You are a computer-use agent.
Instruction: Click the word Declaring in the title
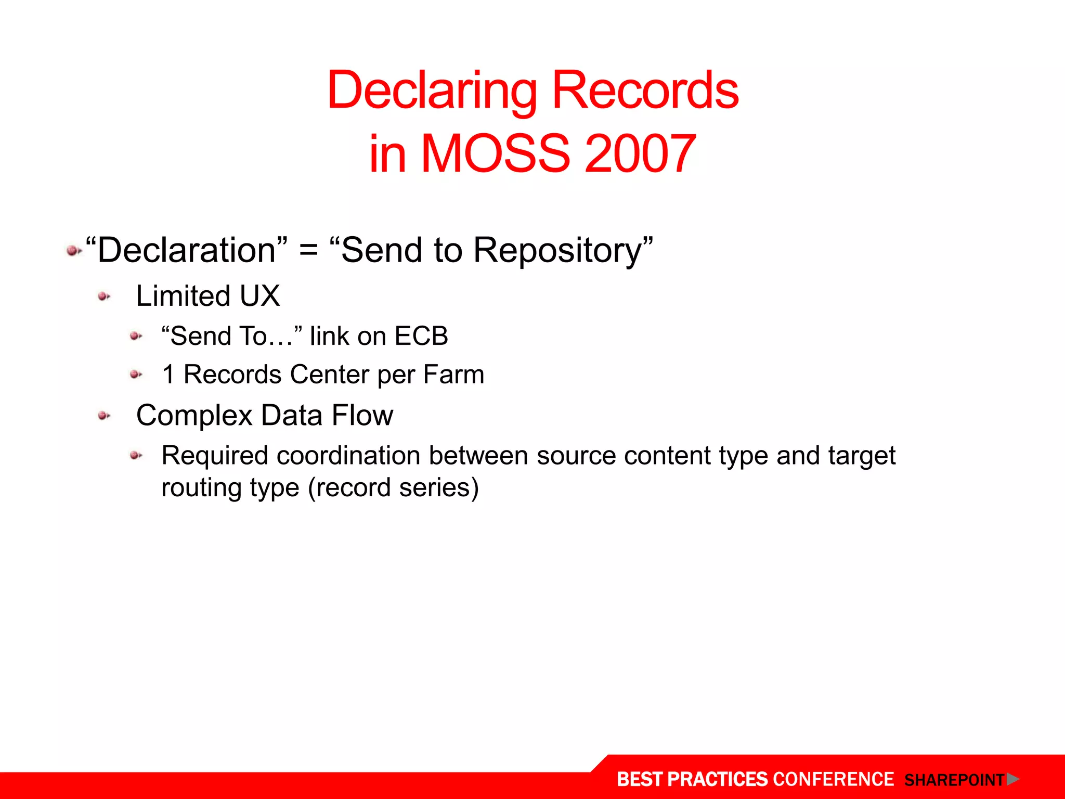432,91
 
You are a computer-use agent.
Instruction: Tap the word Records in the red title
645,91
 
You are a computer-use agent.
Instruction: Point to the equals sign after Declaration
308,251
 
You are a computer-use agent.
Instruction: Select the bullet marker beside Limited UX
104,297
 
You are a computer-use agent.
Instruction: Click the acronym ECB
421,336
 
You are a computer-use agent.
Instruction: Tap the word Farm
453,375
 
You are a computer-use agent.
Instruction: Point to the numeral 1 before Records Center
168,375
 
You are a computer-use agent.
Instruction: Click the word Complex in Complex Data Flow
194,416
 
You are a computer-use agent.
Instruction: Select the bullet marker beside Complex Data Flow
104,416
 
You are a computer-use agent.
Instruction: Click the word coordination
348,456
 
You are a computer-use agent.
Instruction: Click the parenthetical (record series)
393,488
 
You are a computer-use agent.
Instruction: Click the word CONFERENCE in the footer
833,779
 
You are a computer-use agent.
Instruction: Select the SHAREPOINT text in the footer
954,780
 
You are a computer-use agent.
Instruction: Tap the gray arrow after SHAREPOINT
1012,779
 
